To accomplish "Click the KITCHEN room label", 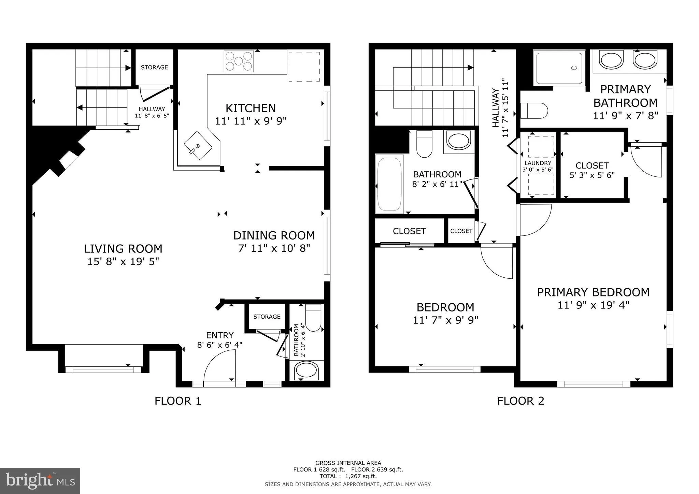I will [x=251, y=108].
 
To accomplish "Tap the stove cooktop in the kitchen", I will [x=239, y=61].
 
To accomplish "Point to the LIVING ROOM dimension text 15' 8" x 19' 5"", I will [x=123, y=262].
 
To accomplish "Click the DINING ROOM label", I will [x=274, y=235].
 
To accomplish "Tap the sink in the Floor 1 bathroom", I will [x=306, y=370].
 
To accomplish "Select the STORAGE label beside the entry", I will [x=267, y=317].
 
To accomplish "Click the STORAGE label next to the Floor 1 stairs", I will [x=154, y=67].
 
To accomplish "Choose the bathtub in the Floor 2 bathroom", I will [x=389, y=184].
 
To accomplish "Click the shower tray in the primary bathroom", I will [x=559, y=68].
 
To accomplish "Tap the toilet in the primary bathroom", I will [x=534, y=111].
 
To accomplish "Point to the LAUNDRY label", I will [x=538, y=163].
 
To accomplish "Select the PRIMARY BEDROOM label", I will [x=593, y=292].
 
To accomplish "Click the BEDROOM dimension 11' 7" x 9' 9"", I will [x=445, y=320].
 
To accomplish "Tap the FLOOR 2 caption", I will [x=520, y=401].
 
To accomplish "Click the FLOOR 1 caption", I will [x=178, y=401].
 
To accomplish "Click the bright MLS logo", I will [x=40, y=481].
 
